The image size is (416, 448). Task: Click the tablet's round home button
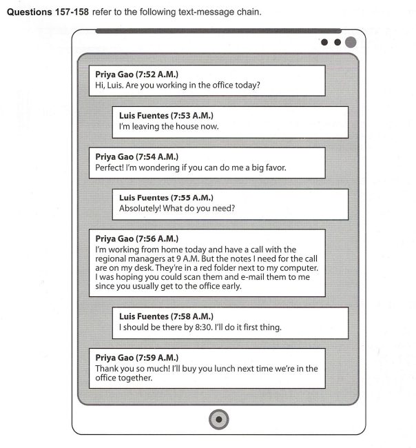coord(218,418)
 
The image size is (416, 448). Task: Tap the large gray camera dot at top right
coord(351,43)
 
